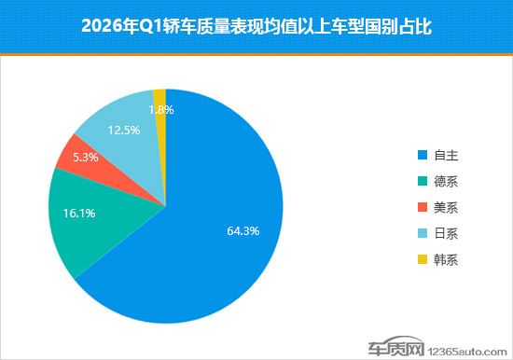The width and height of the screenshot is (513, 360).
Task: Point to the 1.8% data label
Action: coord(160,109)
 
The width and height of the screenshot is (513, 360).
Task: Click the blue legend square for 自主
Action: coord(423,155)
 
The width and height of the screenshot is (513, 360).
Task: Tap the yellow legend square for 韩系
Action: coord(423,259)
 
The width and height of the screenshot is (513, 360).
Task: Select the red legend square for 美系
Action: coord(423,207)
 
